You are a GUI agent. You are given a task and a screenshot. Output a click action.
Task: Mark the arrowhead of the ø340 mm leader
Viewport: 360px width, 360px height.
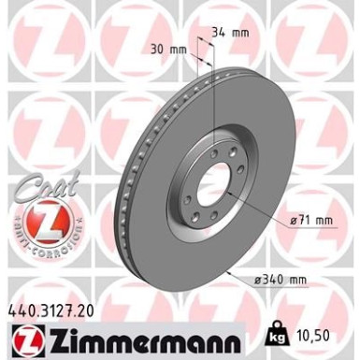[230, 269]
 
